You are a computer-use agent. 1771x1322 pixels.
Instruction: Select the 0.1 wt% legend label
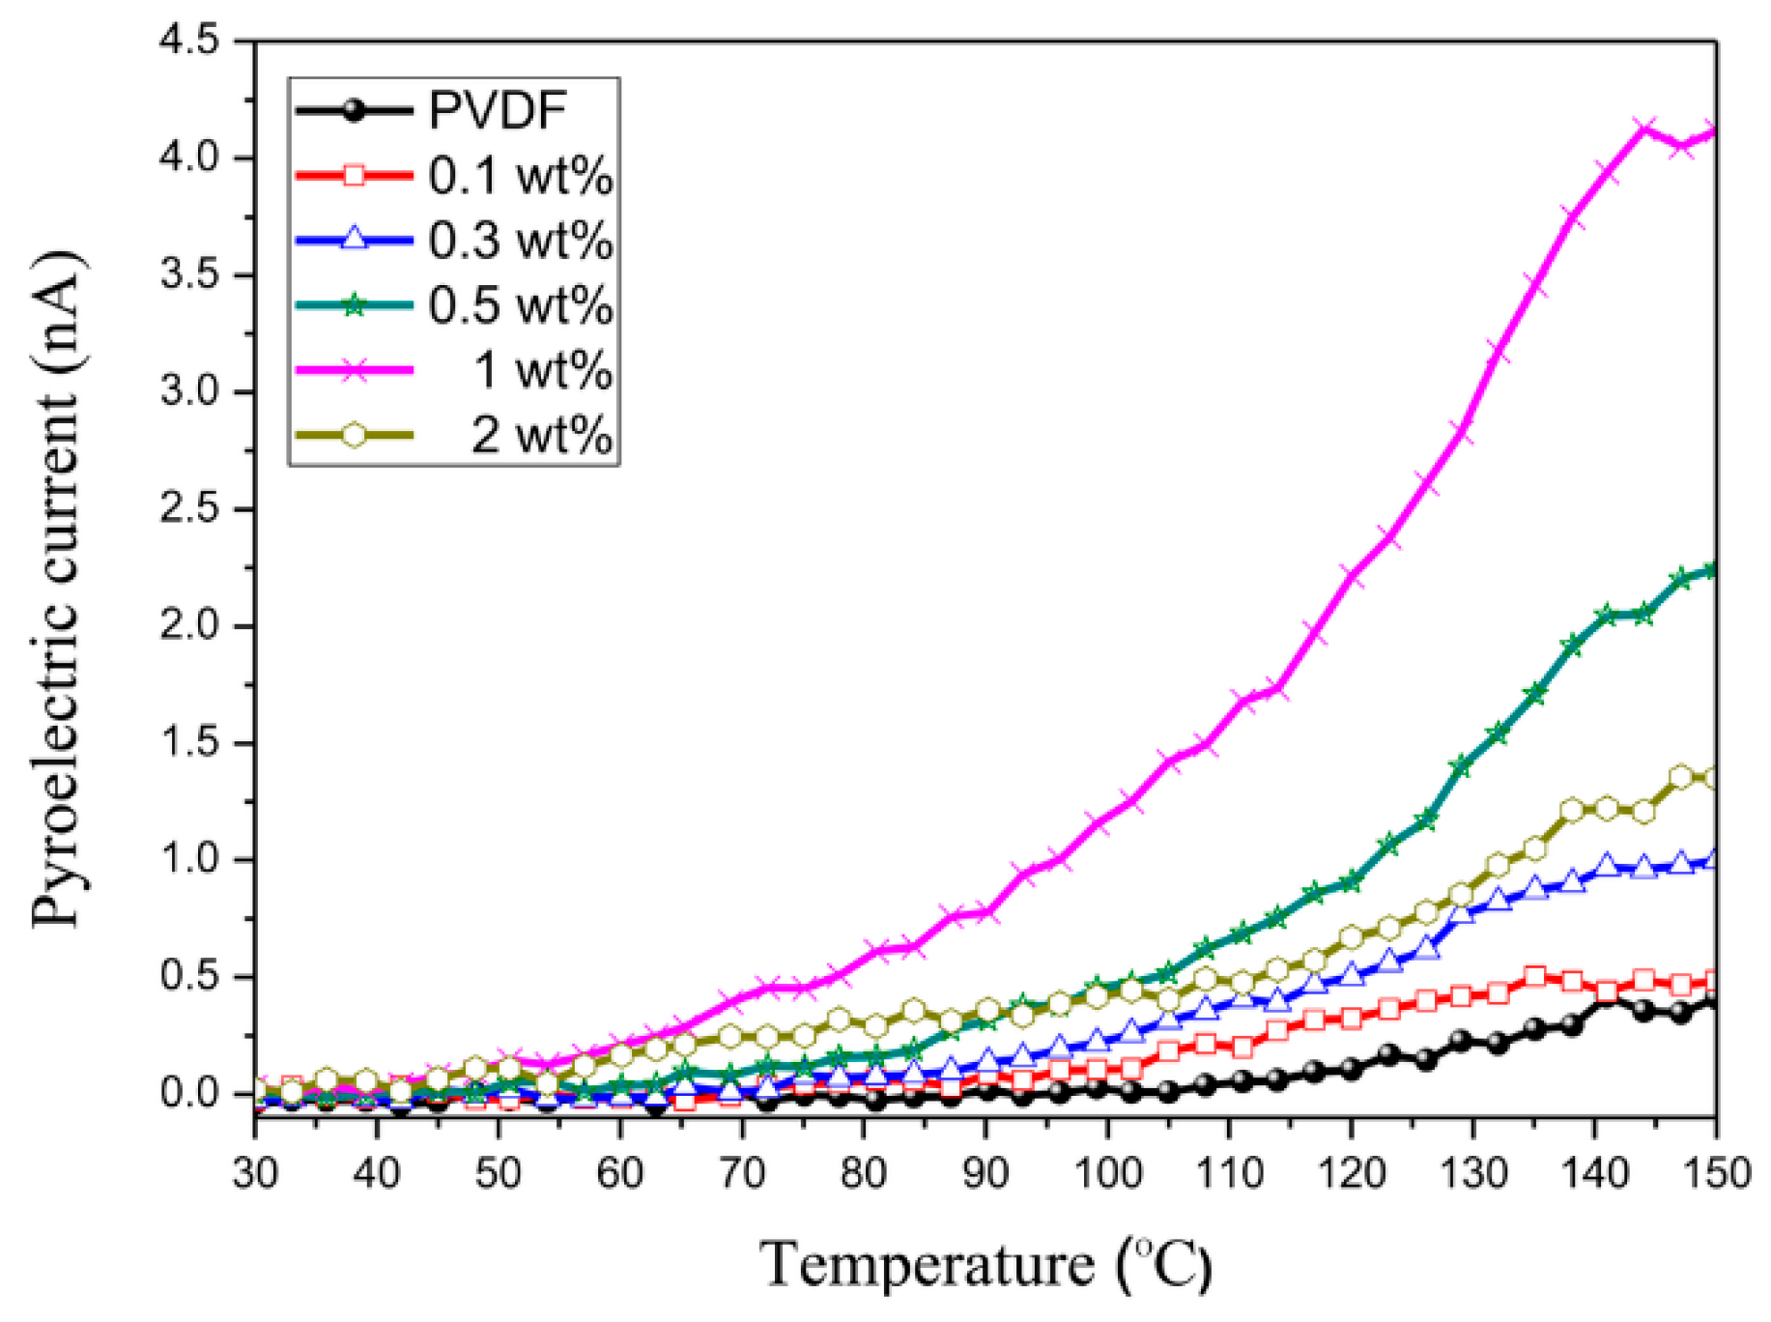pyautogui.click(x=520, y=176)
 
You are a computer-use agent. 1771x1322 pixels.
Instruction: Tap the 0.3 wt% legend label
pyautogui.click(x=520, y=241)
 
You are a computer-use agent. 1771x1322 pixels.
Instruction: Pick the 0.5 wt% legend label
pyautogui.click(x=520, y=305)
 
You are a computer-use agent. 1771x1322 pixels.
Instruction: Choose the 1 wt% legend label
pyautogui.click(x=542, y=370)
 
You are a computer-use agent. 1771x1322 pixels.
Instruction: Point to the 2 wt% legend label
pyautogui.click(x=541, y=435)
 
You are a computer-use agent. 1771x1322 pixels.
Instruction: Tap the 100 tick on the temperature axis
pyautogui.click(x=1107, y=1173)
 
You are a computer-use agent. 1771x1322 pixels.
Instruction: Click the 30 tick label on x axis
pyautogui.click(x=255, y=1173)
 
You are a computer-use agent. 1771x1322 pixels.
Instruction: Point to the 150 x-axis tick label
pyautogui.click(x=1715, y=1173)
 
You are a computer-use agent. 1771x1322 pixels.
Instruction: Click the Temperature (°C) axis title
pyautogui.click(x=985, y=1264)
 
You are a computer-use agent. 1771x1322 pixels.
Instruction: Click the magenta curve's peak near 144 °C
pyautogui.click(x=1643, y=129)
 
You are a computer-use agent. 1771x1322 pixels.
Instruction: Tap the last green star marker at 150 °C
pyautogui.click(x=1712, y=570)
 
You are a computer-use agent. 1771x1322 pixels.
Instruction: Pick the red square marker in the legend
pyautogui.click(x=355, y=176)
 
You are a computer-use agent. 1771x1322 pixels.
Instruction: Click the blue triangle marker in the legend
pyautogui.click(x=355, y=240)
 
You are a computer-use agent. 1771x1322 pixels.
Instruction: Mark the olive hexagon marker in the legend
pyautogui.click(x=355, y=435)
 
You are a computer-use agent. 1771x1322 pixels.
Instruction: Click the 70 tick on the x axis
pyautogui.click(x=742, y=1173)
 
